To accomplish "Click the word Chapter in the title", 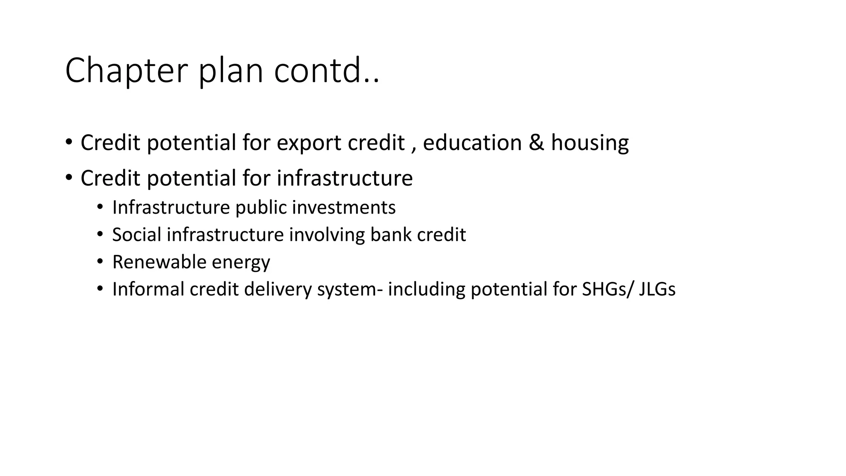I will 126,71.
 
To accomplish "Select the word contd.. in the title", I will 326,71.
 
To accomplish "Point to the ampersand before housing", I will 537,143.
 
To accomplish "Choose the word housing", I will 590,143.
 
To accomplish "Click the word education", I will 471,143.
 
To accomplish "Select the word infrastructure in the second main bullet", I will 345,178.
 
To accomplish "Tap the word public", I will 261,207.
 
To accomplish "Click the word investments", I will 344,207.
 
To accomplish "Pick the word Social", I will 137,235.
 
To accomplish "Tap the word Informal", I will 148,289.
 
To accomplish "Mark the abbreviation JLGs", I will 657,289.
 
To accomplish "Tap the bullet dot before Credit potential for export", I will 69,143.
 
